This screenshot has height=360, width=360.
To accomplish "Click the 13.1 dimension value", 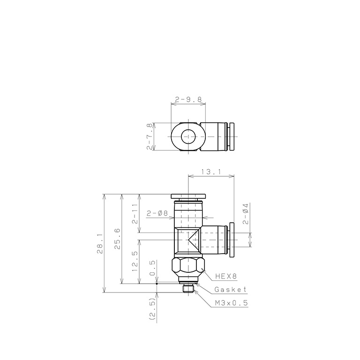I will pyautogui.click(x=210, y=172).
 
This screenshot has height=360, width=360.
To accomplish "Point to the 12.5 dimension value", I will pyautogui.click(x=135, y=262).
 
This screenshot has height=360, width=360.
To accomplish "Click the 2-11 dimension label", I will pyautogui.click(x=135, y=213).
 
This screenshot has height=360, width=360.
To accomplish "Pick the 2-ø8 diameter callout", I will pyautogui.click(x=157, y=213).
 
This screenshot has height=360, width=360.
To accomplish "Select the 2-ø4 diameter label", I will pyautogui.click(x=246, y=213).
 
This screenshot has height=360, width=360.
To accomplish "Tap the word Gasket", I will pyautogui.click(x=230, y=290).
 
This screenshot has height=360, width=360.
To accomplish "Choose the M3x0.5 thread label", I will pyautogui.click(x=231, y=303).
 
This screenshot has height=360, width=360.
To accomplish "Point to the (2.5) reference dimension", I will pyautogui.click(x=151, y=309).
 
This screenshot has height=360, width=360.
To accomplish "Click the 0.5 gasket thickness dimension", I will pyautogui.click(x=151, y=271).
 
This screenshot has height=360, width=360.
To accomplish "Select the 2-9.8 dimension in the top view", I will pyautogui.click(x=188, y=99).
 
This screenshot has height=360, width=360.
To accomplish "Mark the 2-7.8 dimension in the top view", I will pyautogui.click(x=150, y=136).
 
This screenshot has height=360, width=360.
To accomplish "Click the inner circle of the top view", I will pyautogui.click(x=188, y=136).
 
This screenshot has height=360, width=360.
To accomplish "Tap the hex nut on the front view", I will pyautogui.click(x=188, y=267).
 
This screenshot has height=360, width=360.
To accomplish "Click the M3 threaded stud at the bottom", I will pyautogui.click(x=188, y=288).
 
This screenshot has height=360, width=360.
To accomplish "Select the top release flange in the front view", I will pyautogui.click(x=188, y=196).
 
